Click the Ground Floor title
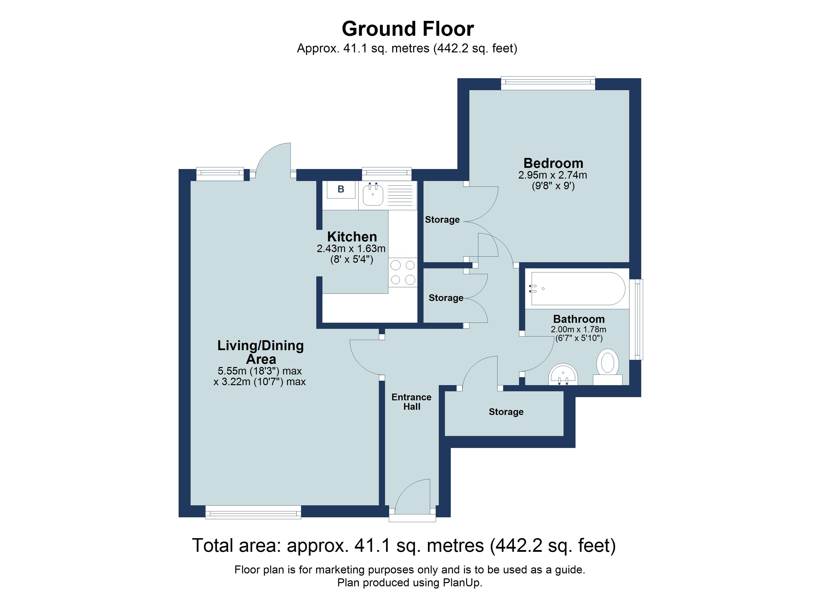408,29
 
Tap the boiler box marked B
341,189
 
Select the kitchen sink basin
373,194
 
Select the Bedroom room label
553,163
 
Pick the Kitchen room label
352,237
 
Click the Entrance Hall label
411,402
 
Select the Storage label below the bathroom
506,412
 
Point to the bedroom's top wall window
548,83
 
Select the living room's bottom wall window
253,512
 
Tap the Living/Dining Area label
260,352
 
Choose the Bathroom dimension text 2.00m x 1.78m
578,330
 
